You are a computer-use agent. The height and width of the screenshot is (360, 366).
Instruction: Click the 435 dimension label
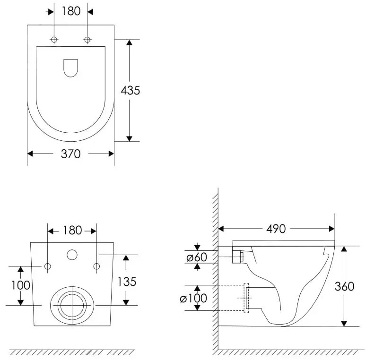click(130, 90)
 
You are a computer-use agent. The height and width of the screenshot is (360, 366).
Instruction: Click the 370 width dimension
click(71, 154)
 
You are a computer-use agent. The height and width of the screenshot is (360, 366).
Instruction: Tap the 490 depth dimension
click(276, 229)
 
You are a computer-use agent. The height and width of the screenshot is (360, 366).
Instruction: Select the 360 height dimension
click(344, 286)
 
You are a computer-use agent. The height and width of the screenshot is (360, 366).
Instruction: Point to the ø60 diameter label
click(197, 257)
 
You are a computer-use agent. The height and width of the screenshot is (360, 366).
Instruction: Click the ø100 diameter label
click(193, 298)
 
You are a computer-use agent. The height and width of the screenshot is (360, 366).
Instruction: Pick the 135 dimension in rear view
click(127, 282)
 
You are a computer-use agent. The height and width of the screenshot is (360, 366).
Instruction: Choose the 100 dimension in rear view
click(21, 285)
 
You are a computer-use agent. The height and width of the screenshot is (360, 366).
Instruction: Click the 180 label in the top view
click(71, 11)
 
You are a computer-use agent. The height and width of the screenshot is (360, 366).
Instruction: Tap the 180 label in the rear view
click(72, 231)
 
